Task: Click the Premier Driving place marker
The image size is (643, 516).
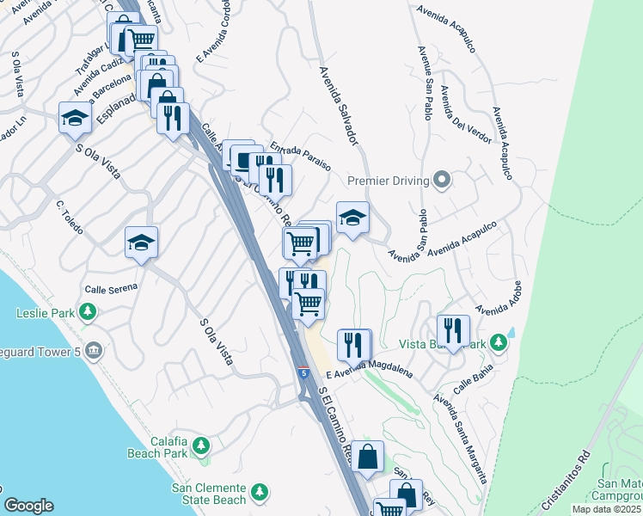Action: point(442,180)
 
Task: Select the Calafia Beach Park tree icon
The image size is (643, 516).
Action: point(201,445)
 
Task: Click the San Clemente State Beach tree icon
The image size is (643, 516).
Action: point(260,494)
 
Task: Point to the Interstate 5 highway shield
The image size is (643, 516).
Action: point(304,372)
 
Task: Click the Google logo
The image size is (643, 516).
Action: point(28,506)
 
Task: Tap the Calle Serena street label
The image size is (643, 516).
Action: point(111,288)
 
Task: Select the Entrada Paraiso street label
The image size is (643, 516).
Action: point(300,156)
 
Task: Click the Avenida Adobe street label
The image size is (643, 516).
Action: point(499,298)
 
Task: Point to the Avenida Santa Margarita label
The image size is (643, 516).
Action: point(461,438)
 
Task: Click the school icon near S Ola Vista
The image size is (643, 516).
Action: point(75,118)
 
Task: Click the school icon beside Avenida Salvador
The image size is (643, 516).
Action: point(352,218)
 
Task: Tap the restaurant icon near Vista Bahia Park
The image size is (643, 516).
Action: point(453,330)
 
